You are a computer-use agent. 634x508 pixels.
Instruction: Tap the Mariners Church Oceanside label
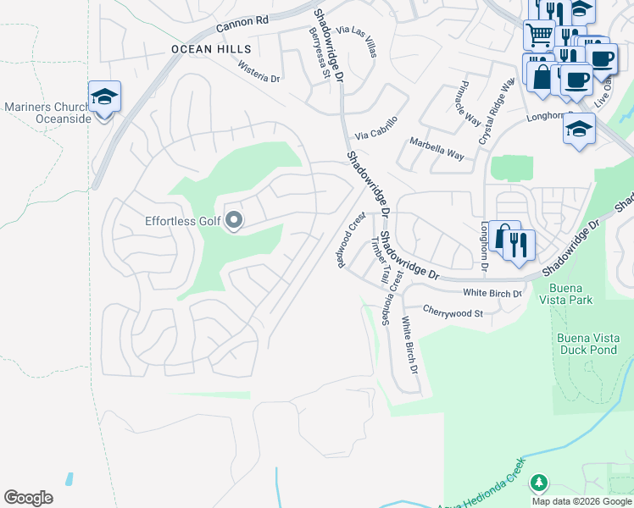tap(47, 113)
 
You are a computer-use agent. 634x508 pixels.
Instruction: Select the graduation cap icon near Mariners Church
tap(104, 98)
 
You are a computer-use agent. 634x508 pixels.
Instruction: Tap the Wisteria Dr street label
tap(259, 72)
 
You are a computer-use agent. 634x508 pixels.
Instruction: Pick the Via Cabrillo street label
tap(375, 129)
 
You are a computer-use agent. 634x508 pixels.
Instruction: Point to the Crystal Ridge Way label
tap(497, 111)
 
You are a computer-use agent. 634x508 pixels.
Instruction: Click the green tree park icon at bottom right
tap(537, 483)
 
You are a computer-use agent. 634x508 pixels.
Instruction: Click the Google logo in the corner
tap(29, 497)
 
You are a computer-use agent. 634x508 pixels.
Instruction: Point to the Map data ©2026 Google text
tap(581, 501)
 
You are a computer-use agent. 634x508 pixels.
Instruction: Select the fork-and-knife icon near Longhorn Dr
tap(519, 245)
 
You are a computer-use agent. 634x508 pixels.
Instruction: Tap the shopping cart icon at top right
tap(538, 36)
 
